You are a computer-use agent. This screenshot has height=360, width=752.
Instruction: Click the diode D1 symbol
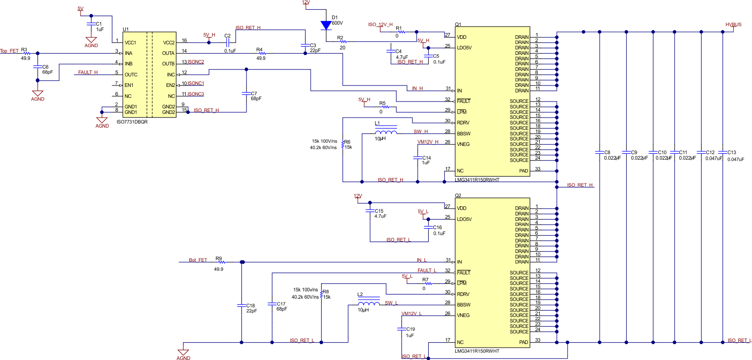pos(326,26)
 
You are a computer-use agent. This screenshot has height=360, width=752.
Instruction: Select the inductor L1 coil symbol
pos(386,132)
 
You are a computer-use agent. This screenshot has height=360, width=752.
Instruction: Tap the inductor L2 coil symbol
pos(369,304)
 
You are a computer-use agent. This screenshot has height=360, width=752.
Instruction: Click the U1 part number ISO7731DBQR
pos(132,122)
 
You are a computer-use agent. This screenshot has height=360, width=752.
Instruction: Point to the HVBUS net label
pos(733,25)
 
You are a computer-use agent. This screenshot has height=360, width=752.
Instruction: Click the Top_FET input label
pos(10,51)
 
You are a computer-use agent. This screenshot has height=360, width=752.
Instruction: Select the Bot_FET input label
pos(198,260)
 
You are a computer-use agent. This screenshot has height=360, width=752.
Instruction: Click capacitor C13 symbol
pos(723,152)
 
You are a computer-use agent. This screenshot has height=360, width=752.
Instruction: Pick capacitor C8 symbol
pos(599,152)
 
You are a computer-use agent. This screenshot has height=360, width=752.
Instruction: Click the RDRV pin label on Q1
pos(463,123)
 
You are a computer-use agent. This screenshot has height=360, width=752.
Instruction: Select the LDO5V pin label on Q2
pos(464,219)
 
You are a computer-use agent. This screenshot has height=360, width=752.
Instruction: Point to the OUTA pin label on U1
pos(168,53)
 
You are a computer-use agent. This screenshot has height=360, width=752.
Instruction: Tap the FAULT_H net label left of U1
pos(87,72)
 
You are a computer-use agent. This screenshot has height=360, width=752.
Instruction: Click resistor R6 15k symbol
pos(343,145)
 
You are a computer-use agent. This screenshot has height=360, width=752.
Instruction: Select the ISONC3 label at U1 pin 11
pos(196,94)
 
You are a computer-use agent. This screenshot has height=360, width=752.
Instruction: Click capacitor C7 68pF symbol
pos(246,93)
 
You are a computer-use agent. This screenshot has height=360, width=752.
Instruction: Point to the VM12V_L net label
pos(412,314)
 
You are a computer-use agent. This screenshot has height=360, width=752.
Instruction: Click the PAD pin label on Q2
pos(523,342)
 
